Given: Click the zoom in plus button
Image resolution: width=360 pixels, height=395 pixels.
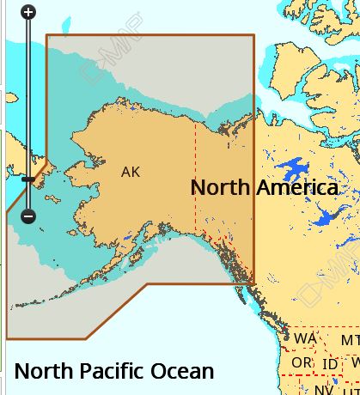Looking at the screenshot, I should (27, 12).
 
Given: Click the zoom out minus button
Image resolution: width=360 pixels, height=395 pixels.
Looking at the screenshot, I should (27, 216).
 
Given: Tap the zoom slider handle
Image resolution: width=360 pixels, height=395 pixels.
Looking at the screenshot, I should (27, 179).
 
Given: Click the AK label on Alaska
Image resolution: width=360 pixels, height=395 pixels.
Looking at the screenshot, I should (131, 172).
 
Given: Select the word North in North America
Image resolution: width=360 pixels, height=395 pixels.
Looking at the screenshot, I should (219, 187).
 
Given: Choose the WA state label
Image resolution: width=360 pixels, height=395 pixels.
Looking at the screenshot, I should (305, 339).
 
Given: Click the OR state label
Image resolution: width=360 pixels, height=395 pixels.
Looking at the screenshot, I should (302, 363).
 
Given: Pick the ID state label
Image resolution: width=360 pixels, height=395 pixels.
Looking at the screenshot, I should (329, 364).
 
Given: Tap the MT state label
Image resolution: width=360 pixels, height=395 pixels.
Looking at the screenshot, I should (351, 341).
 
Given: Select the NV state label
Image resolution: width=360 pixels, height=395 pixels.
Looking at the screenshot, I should (322, 389).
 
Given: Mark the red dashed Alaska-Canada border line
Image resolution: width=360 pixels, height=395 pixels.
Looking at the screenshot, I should (195, 172).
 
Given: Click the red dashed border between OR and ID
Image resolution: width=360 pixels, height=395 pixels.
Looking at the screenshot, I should (316, 363).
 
